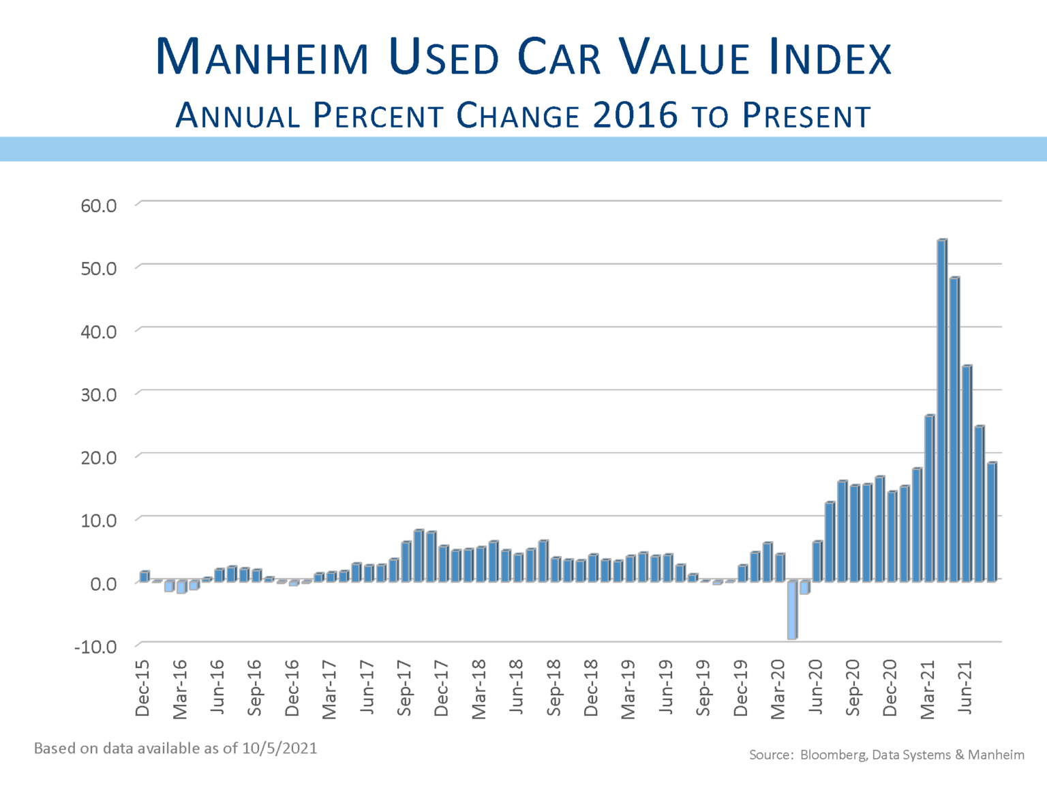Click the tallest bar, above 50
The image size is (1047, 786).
pyautogui.click(x=942, y=409)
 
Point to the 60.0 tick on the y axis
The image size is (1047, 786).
pyautogui.click(x=99, y=205)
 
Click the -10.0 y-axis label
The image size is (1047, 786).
pyautogui.click(x=95, y=646)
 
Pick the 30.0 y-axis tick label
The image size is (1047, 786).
pyautogui.click(x=99, y=394)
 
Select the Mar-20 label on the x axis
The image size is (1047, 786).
pyautogui.click(x=778, y=689)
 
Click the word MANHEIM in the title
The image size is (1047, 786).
pyautogui.click(x=262, y=57)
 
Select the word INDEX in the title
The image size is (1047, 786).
pyautogui.click(x=830, y=57)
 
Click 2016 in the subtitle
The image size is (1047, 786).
pyautogui.click(x=635, y=115)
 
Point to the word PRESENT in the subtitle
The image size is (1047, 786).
pyautogui.click(x=806, y=116)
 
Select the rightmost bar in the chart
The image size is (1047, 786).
pyautogui.click(x=992, y=522)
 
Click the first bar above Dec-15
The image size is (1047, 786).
pyautogui.click(x=144, y=577)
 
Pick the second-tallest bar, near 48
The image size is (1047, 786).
pyautogui.click(x=954, y=430)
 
